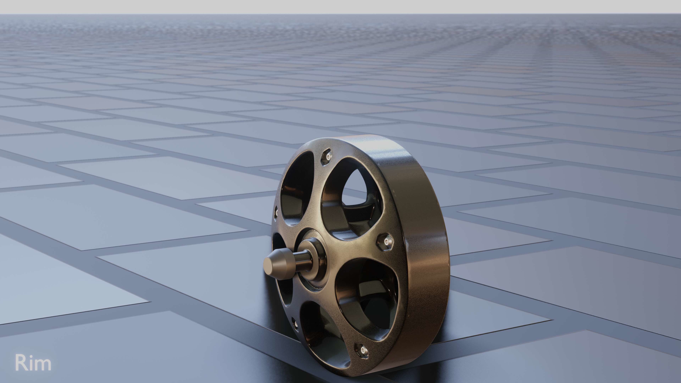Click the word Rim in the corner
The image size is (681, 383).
click(33, 363)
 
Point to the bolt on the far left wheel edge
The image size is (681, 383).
click(276, 212)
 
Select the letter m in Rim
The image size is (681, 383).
click(43, 364)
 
